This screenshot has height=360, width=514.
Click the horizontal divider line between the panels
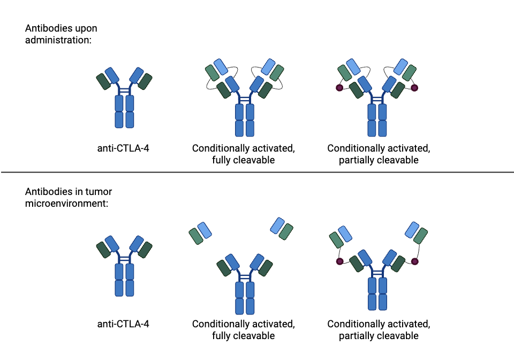[257, 172]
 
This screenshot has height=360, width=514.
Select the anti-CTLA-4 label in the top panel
[123, 148]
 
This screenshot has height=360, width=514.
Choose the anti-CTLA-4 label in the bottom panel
[123, 324]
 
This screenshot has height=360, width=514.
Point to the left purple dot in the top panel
[339, 88]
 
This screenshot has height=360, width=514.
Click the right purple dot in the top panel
[414, 87]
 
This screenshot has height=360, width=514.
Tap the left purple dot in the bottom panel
[339, 261]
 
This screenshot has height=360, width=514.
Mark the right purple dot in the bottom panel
[414, 261]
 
